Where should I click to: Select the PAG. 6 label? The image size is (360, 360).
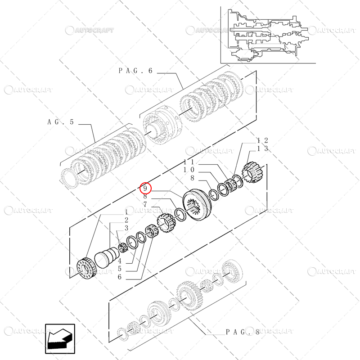[x=136, y=71]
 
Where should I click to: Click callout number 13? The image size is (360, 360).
[x=263, y=148]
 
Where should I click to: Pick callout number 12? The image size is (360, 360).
[x=263, y=140]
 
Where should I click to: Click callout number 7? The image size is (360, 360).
[x=145, y=204]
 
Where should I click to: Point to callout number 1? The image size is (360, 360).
[x=127, y=212]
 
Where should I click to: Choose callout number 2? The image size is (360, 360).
[x=127, y=220]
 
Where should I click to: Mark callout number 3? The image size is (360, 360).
[x=127, y=228]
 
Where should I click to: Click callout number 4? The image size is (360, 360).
[x=120, y=261]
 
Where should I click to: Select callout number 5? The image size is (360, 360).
[x=120, y=269]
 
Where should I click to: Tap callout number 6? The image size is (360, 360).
[x=120, y=277]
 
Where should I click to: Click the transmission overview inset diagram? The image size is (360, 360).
[x=264, y=35]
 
